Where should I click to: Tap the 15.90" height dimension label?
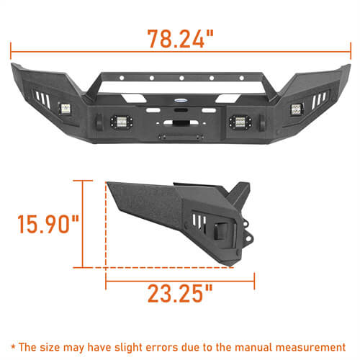(48, 223)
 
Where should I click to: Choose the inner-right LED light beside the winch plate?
(235, 120)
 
